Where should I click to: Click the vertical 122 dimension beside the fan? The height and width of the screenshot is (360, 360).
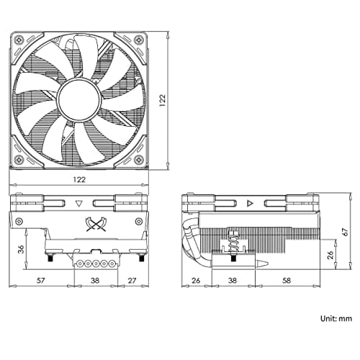point(163,100)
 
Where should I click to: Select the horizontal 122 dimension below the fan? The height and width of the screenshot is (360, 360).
point(79,179)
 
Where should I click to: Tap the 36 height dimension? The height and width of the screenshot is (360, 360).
point(22,249)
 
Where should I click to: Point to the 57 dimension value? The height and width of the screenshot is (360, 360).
point(40,280)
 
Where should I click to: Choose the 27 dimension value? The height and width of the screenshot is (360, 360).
point(132,280)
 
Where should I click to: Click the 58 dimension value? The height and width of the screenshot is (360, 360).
point(287,280)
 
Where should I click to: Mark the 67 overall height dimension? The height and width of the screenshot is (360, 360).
point(345,232)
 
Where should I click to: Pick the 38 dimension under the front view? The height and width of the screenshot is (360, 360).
point(95,280)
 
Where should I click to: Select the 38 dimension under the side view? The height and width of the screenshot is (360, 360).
point(233,280)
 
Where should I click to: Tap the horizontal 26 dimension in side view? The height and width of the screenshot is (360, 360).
point(196,280)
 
